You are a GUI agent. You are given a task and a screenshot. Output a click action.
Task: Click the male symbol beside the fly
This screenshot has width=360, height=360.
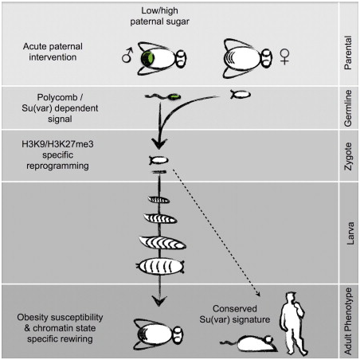pos(127,55)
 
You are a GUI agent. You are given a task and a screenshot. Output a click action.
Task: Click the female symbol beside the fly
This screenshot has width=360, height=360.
pos(284,57)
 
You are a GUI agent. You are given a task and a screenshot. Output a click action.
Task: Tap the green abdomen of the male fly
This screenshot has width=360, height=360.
pos(147,59)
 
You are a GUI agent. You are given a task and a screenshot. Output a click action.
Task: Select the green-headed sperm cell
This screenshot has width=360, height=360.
pos(162,96)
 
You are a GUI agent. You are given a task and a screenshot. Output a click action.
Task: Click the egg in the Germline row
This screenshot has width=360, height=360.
pos(241,94)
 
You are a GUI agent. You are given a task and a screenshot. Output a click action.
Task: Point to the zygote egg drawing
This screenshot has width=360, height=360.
pos(158,160)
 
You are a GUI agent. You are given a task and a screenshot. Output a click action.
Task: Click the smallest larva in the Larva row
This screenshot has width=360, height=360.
pos(158,199)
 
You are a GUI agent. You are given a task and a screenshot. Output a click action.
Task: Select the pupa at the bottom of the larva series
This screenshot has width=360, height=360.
pos(160,266)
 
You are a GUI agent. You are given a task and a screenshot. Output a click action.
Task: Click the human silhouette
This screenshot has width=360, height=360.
pos(294,323)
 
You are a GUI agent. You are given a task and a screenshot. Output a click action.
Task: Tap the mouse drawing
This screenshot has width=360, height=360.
pos(249,343)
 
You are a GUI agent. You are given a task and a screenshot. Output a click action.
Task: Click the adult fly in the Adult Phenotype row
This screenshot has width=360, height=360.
pos(158,335)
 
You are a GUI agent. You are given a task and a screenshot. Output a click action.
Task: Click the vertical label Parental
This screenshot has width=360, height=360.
pos(348,53)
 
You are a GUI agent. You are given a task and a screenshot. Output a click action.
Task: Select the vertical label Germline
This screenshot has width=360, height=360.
pos(348,108)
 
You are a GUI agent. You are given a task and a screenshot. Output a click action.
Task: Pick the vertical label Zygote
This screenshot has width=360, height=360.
pos(348,157)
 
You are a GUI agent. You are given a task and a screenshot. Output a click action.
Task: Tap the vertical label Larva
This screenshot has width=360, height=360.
pos(350,233)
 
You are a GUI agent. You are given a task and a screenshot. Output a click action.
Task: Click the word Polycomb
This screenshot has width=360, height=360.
pos(57,97)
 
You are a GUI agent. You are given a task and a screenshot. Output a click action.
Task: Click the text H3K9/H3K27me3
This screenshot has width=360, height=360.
pos(57,144)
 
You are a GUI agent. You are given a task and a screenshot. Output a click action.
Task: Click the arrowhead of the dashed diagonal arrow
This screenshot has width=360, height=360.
pos(258,294)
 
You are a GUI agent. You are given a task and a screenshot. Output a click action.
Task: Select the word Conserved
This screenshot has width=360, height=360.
pos(235,308)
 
